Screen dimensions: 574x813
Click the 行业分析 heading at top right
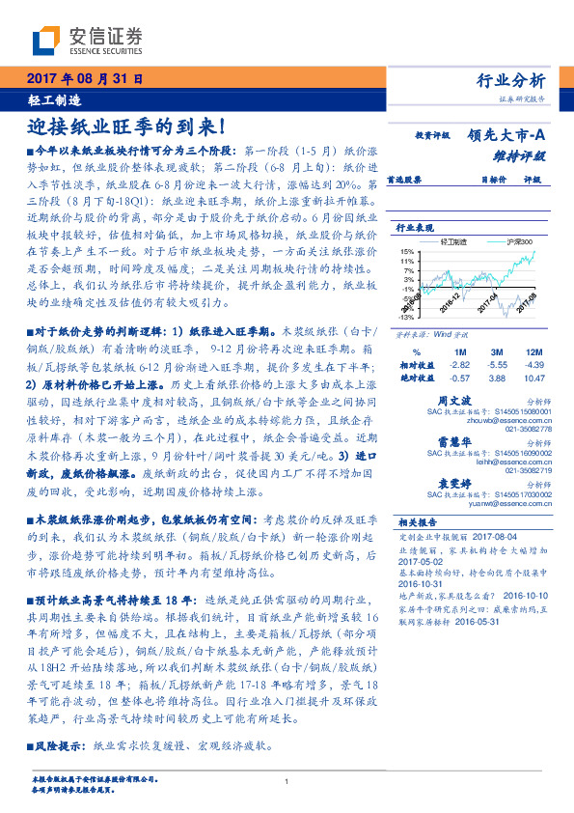(511, 81)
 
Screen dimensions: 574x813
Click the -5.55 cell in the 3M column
(498, 366)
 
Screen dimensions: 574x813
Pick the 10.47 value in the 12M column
(534, 378)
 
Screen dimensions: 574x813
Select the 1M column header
(459, 352)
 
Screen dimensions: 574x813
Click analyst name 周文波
(479, 399)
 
